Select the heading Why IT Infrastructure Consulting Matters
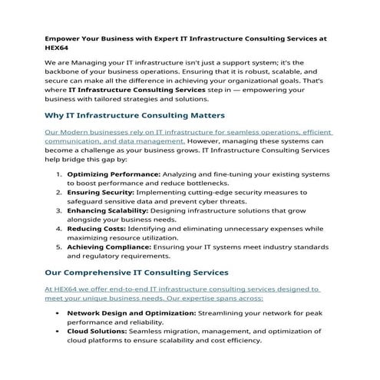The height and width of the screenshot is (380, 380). pos(134,115)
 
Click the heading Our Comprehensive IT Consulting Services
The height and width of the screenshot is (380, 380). pos(136,272)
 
